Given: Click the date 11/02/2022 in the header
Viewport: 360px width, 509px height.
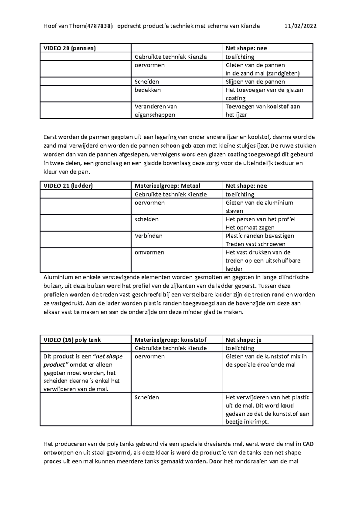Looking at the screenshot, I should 300,26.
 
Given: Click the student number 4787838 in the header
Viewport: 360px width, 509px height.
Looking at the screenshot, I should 99,26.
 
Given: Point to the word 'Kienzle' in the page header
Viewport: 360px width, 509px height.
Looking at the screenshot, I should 250,26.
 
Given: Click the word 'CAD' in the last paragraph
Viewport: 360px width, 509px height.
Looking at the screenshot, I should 308,444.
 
